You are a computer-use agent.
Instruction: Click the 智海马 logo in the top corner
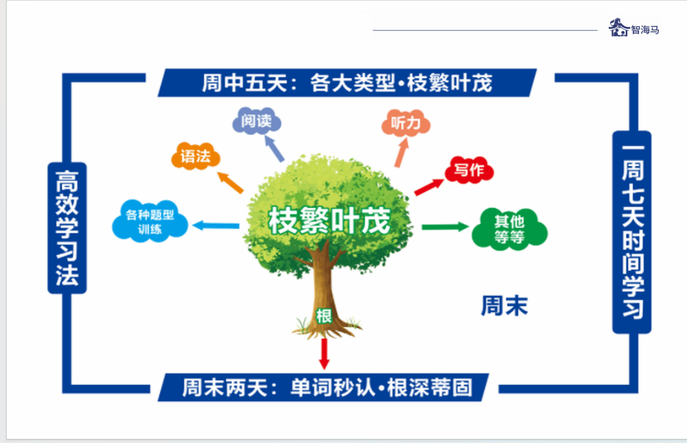(x=633, y=28)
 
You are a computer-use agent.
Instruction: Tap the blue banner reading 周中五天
(x=347, y=83)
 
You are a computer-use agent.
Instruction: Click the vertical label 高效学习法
(x=67, y=227)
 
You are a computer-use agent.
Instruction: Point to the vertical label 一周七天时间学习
(x=631, y=232)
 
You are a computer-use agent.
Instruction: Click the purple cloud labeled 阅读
(x=257, y=122)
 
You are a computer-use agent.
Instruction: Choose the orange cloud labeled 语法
(x=196, y=157)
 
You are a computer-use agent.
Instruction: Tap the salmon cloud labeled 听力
(x=405, y=124)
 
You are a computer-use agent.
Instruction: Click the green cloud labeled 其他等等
(x=509, y=229)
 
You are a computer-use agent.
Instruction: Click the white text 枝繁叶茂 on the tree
(x=329, y=221)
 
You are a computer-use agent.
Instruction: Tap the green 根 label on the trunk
(x=324, y=316)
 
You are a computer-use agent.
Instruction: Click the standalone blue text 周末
(x=504, y=306)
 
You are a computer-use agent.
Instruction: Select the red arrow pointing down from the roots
(x=325, y=353)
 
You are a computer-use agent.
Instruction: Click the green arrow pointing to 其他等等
(x=445, y=227)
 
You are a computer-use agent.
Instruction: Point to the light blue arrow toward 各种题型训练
(x=216, y=225)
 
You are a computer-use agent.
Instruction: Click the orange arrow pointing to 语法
(x=231, y=182)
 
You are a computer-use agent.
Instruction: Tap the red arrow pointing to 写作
(x=429, y=185)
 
